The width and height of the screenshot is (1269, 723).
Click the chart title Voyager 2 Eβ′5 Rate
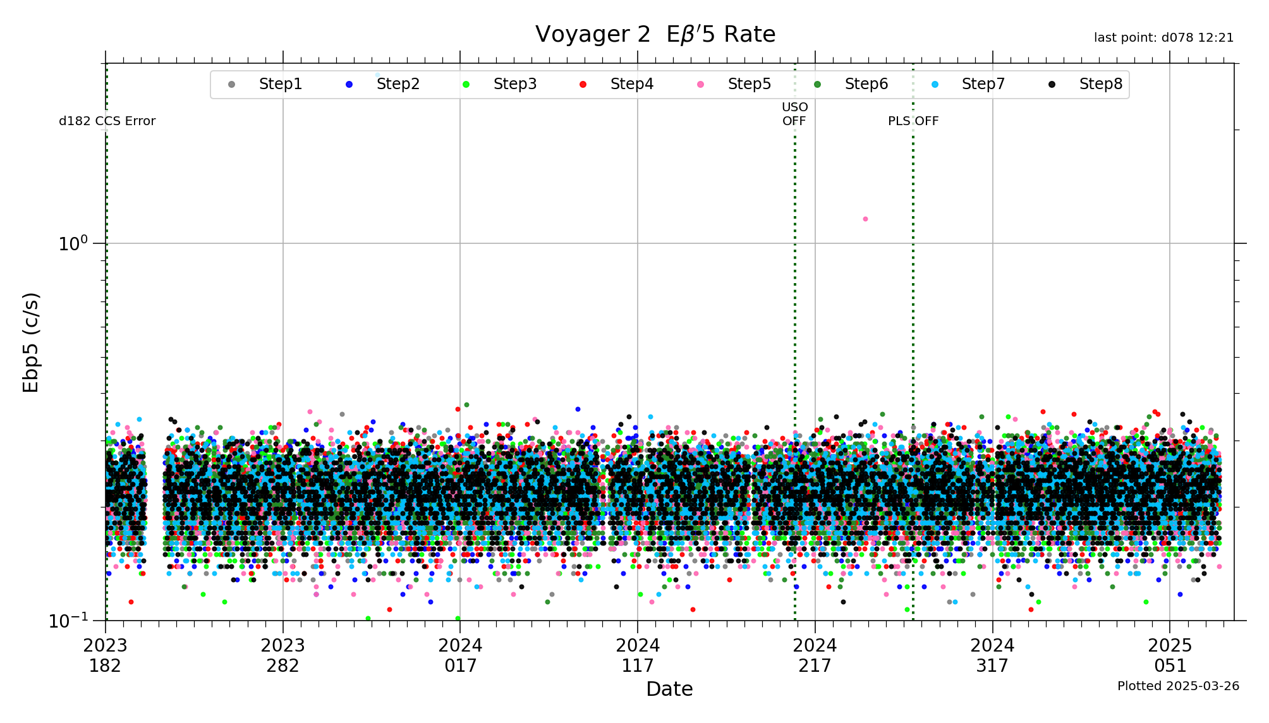[655, 34]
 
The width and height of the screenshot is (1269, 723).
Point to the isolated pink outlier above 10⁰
[865, 219]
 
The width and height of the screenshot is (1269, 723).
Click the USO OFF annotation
[794, 114]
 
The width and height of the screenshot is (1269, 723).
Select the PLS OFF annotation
[913, 121]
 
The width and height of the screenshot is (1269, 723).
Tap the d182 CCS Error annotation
[107, 121]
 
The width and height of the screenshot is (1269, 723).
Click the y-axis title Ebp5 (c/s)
[31, 342]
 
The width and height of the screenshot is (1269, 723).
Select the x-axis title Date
[669, 689]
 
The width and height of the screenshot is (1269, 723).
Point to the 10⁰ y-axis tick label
[73, 243]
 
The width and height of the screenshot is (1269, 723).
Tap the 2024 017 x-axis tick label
[460, 655]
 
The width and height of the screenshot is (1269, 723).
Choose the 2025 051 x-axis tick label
[1170, 655]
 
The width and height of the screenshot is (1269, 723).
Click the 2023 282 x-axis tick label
[282, 655]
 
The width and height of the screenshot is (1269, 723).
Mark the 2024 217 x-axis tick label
[815, 655]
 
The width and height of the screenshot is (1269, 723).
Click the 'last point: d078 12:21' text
[1163, 38]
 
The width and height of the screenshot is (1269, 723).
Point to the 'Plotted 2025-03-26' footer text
[1178, 686]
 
